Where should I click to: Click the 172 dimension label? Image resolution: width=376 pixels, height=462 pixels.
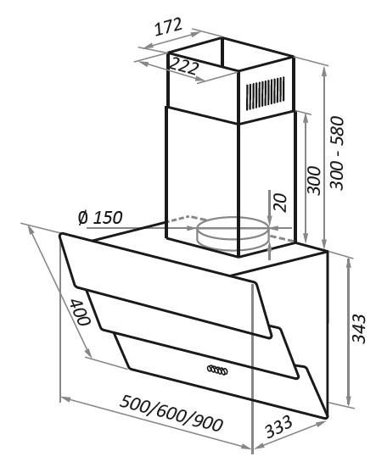pyautogui.click(x=168, y=26)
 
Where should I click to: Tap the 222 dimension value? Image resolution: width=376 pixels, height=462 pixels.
pyautogui.click(x=183, y=66)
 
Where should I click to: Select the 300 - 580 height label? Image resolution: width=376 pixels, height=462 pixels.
pyautogui.click(x=337, y=153)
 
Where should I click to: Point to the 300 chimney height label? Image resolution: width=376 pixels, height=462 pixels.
pyautogui.click(x=314, y=181)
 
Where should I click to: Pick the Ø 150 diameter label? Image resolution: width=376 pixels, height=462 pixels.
pyautogui.click(x=100, y=218)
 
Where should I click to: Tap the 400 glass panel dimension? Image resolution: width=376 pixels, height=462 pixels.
pyautogui.click(x=80, y=312)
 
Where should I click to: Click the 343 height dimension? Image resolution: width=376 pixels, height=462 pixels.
pyautogui.click(x=359, y=329)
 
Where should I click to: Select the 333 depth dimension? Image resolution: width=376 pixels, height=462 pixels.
pyautogui.click(x=278, y=426)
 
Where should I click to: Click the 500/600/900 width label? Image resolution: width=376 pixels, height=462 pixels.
pyautogui.click(x=171, y=414)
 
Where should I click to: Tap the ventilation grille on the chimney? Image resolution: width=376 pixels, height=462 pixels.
pyautogui.click(x=266, y=93)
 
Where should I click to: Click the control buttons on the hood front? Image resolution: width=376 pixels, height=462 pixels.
pyautogui.click(x=217, y=370)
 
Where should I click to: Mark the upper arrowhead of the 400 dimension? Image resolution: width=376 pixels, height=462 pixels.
pyautogui.click(x=31, y=231)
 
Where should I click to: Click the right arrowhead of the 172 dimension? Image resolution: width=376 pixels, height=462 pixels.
pyautogui.click(x=195, y=33)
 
